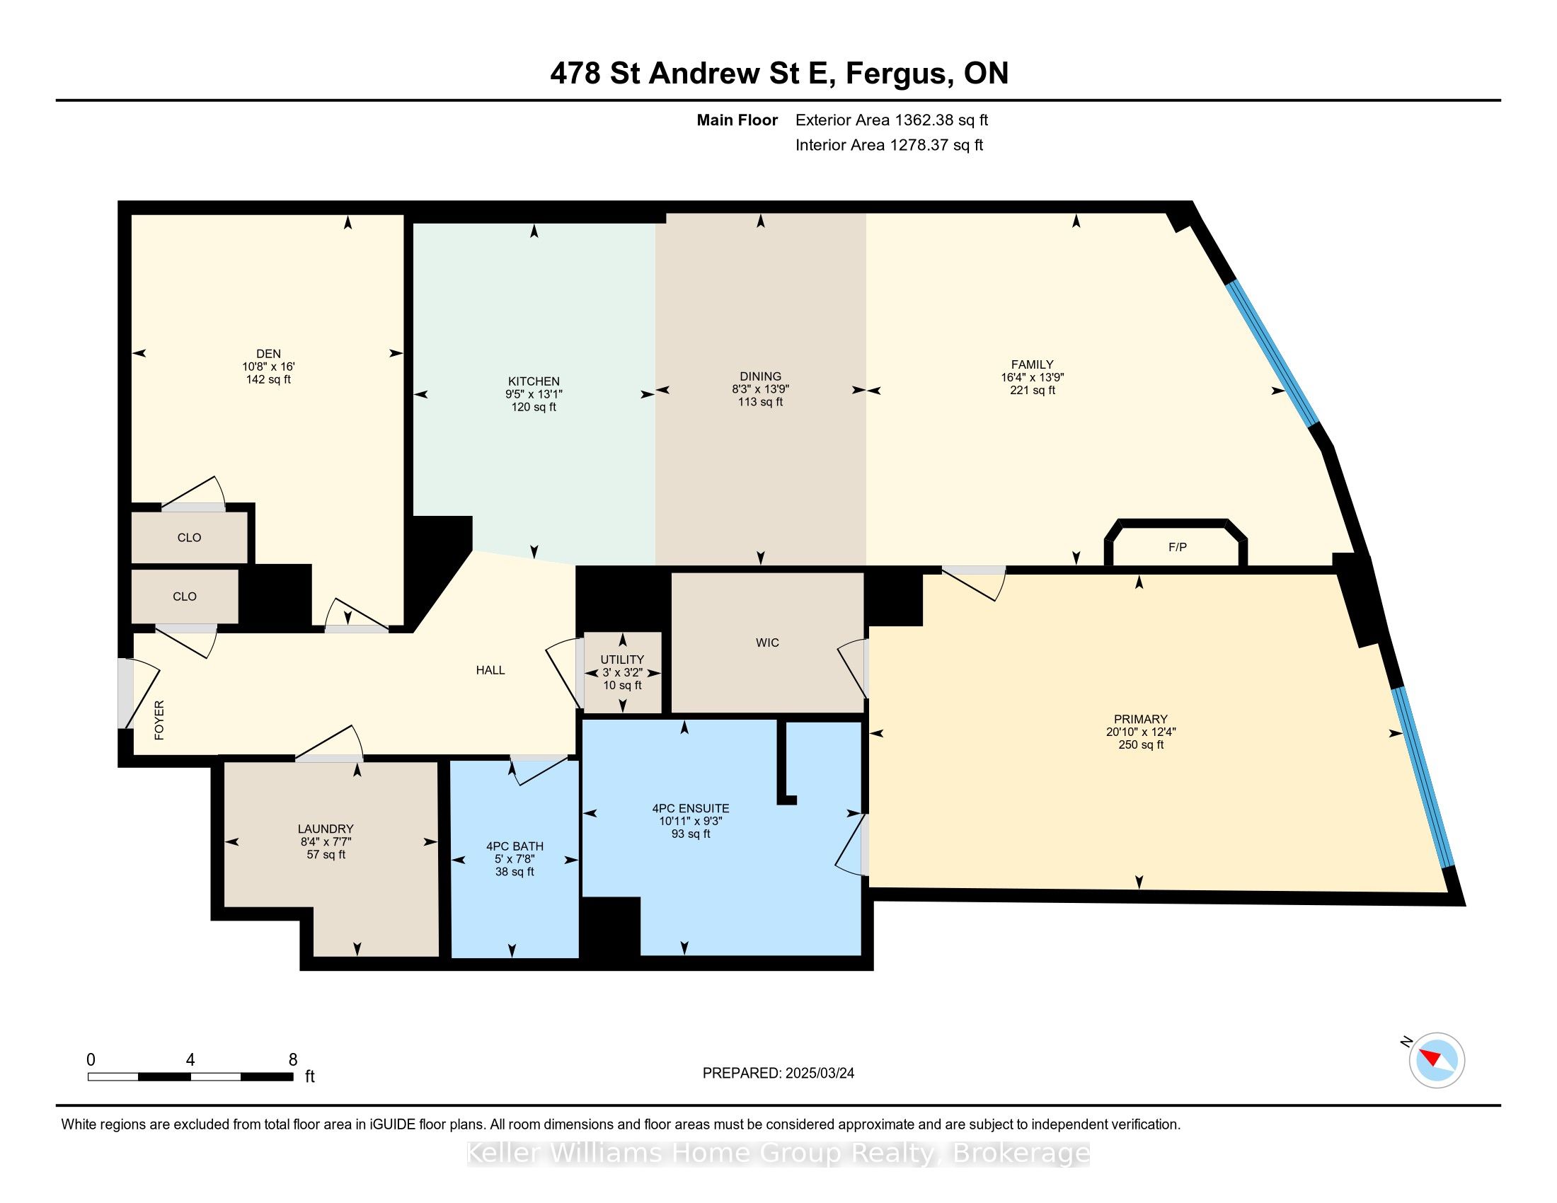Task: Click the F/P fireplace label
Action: point(1178,547)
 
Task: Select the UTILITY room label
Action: point(621,660)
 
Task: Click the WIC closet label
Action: point(767,643)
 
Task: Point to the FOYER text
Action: point(159,720)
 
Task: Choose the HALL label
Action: point(490,670)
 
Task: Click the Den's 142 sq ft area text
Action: point(268,379)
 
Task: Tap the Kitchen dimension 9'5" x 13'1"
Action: point(534,394)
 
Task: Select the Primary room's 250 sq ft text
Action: point(1141,744)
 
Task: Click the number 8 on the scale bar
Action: point(293,1060)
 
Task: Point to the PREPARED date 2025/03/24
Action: point(819,1074)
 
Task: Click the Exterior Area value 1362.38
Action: point(928,120)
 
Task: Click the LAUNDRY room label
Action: point(326,829)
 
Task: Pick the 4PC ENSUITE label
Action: point(690,808)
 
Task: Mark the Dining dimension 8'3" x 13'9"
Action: point(761,389)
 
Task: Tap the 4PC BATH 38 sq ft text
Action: point(515,872)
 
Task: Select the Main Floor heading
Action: point(737,120)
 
